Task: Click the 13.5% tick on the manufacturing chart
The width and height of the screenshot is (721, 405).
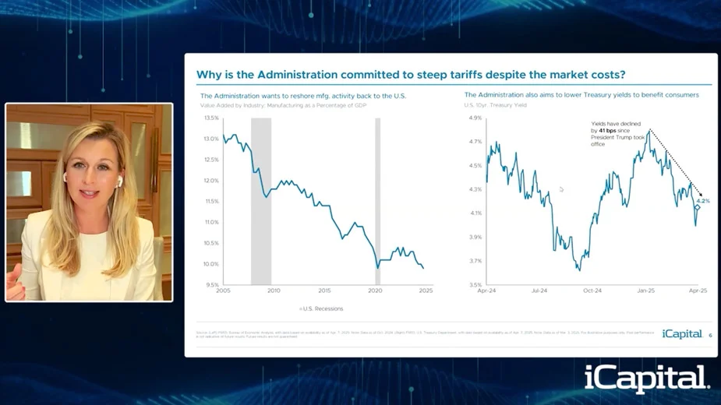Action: point(210,118)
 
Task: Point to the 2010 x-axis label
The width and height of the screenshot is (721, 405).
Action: point(274,291)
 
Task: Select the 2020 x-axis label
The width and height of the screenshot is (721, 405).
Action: point(375,291)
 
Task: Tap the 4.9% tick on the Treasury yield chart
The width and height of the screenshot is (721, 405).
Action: point(475,118)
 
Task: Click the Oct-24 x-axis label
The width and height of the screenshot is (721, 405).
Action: point(592,291)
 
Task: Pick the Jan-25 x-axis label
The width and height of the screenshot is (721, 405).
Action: point(646,291)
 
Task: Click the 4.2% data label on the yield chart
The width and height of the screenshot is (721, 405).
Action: point(703,201)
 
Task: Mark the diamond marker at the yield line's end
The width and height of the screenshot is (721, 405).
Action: point(698,208)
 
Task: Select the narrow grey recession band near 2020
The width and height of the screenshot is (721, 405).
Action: point(377,195)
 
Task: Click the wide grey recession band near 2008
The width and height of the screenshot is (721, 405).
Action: point(261,195)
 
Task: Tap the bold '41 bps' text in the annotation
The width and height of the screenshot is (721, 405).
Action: point(607,131)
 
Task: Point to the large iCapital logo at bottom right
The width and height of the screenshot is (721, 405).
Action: point(647,379)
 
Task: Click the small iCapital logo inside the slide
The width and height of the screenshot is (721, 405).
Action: point(682,334)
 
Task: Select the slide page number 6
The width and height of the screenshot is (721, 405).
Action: point(710,336)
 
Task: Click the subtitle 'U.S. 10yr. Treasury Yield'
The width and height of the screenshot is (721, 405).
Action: point(496,104)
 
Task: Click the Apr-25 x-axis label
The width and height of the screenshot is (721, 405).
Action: point(699,291)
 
